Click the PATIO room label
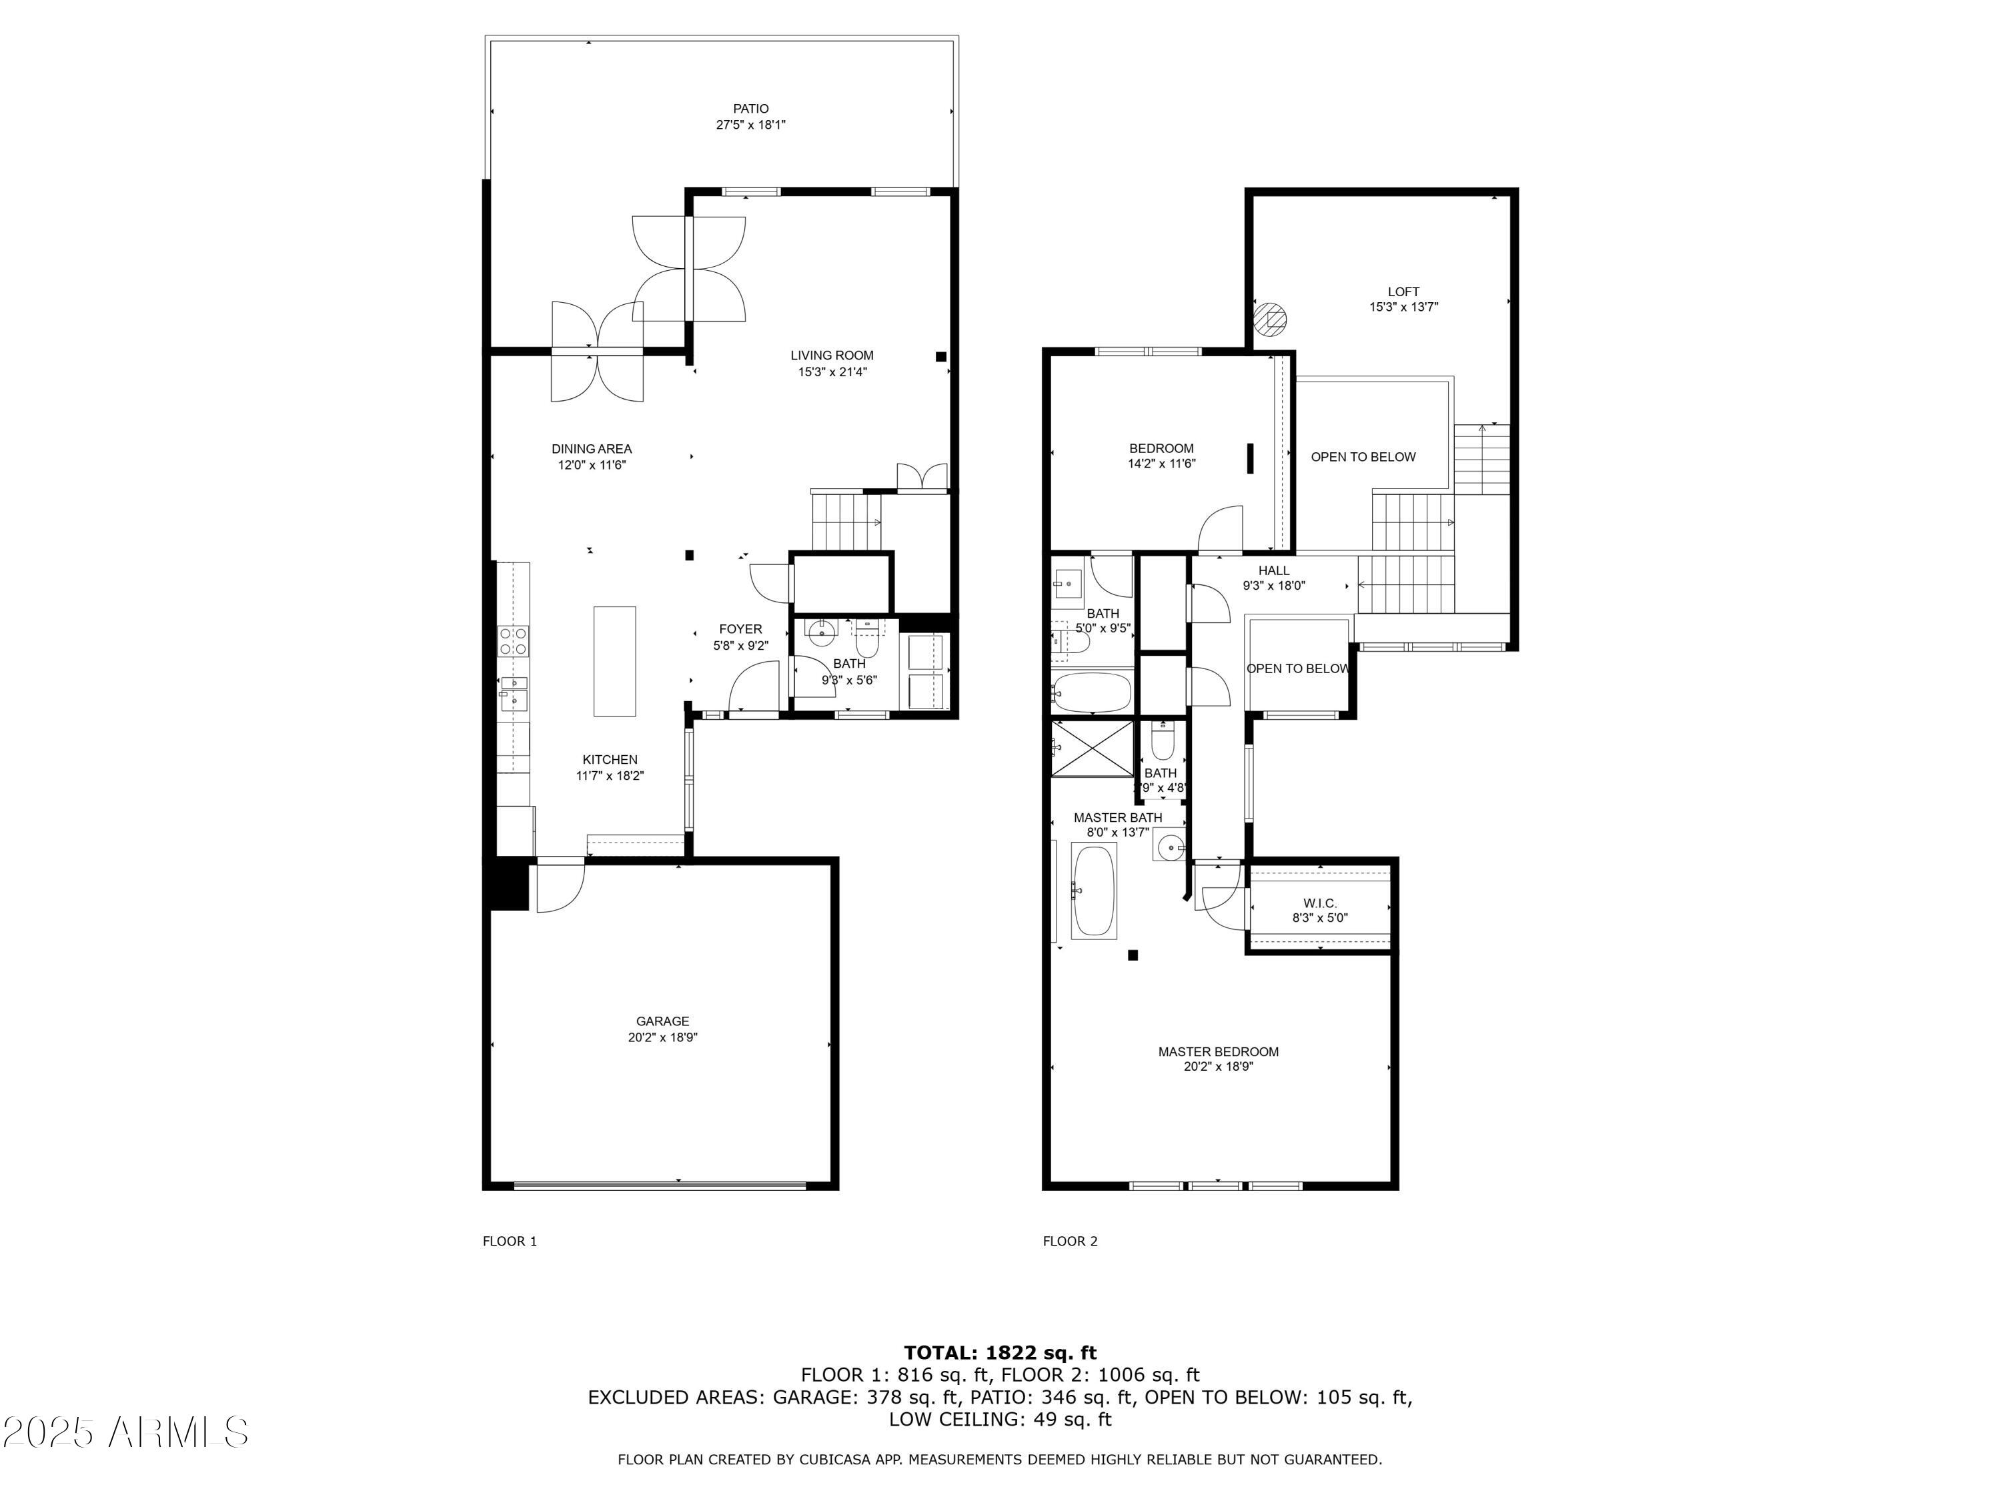pyautogui.click(x=751, y=109)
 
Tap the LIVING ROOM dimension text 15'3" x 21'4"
pyautogui.click(x=832, y=372)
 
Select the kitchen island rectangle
pyautogui.click(x=614, y=661)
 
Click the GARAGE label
pyautogui.click(x=662, y=1021)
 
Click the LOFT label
pyautogui.click(x=1403, y=292)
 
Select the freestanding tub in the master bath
pyautogui.click(x=1094, y=891)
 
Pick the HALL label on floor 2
pyautogui.click(x=1274, y=570)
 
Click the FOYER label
pyautogui.click(x=740, y=629)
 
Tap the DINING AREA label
pyautogui.click(x=592, y=449)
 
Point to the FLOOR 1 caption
pyautogui.click(x=510, y=1241)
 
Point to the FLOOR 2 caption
pyautogui.click(x=1070, y=1241)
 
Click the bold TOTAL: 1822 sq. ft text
pyautogui.click(x=1000, y=1353)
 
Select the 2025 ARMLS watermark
pyautogui.click(x=125, y=1432)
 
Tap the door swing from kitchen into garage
pyautogui.click(x=559, y=889)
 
